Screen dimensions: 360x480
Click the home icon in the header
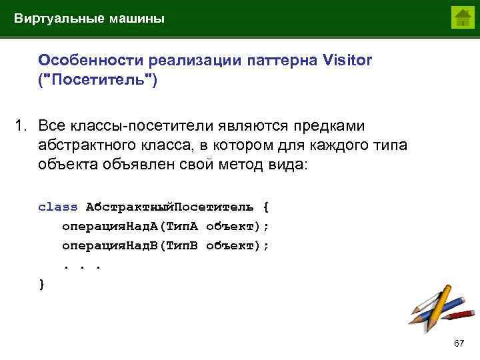coord(462,17)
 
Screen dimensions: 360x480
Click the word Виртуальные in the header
coord(57,19)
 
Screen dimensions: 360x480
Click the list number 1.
coord(22,126)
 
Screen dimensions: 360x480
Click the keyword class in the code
coord(58,207)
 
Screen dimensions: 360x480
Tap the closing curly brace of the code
coord(42,284)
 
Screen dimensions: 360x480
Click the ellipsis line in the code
coord(81,265)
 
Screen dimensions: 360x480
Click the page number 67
coord(458,343)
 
